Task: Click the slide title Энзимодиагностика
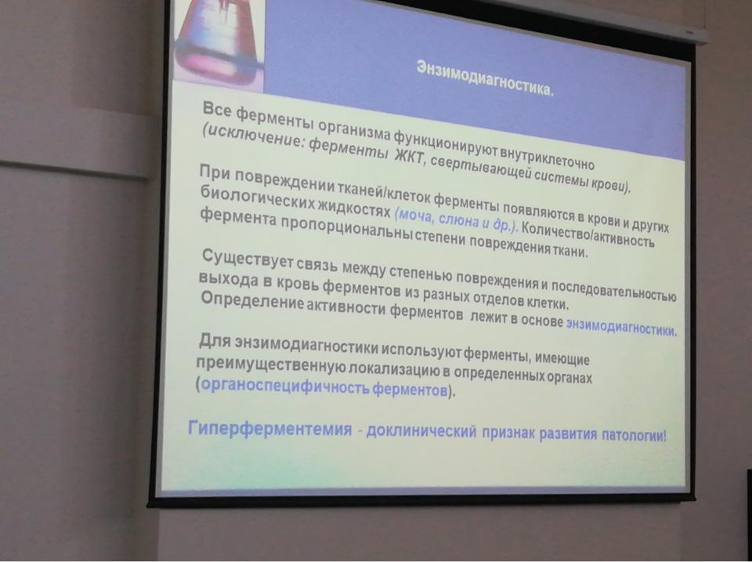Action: coord(485,78)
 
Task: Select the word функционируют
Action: coord(446,143)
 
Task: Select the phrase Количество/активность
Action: coord(587,234)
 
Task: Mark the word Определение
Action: coord(252,302)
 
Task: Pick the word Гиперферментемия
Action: coord(270,428)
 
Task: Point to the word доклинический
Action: coord(421,431)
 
